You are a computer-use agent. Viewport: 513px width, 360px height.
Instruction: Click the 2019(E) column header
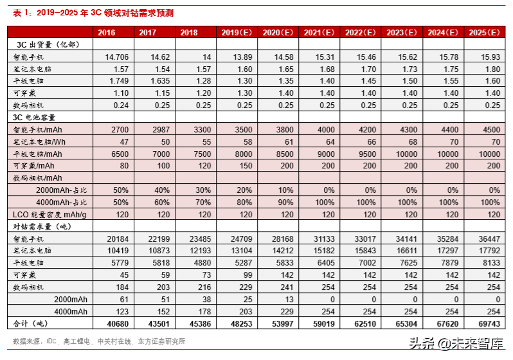235,32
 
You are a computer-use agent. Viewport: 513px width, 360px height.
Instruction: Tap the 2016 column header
107,32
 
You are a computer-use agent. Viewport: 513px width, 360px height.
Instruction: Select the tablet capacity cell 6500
119,154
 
